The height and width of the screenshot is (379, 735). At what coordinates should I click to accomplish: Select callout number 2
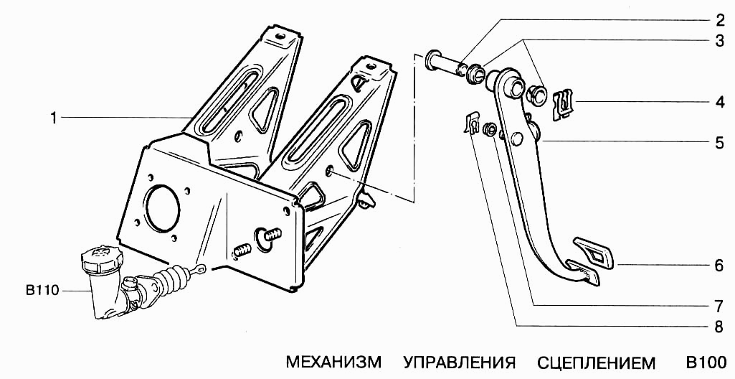pyautogui.click(x=719, y=19)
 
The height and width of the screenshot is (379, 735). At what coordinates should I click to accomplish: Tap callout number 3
pyautogui.click(x=719, y=41)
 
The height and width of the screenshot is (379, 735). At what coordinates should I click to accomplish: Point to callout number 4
pyautogui.click(x=719, y=102)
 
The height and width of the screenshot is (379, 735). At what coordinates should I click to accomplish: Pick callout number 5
pyautogui.click(x=719, y=142)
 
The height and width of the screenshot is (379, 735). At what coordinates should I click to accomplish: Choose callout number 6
pyautogui.click(x=719, y=266)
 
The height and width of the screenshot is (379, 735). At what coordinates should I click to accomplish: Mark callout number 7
pyautogui.click(x=719, y=305)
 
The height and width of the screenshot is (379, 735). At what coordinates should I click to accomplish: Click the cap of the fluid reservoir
pyautogui.click(x=101, y=257)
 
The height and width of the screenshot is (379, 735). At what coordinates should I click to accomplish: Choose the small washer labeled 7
pyautogui.click(x=490, y=129)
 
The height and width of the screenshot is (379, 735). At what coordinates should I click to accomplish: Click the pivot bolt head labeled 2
pyautogui.click(x=434, y=60)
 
